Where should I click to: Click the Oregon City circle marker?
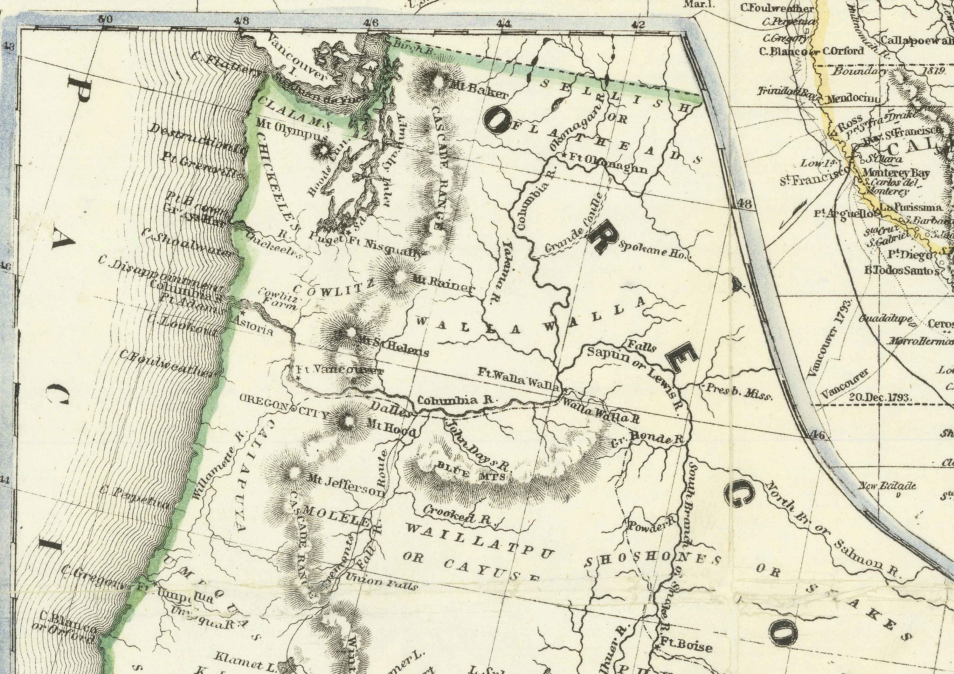pyautogui.click(x=294, y=409)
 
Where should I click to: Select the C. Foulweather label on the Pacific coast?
pyautogui.click(x=166, y=363)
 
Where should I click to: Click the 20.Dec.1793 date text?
pyautogui.click(x=880, y=397)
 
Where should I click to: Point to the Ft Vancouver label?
pyautogui.click(x=339, y=369)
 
